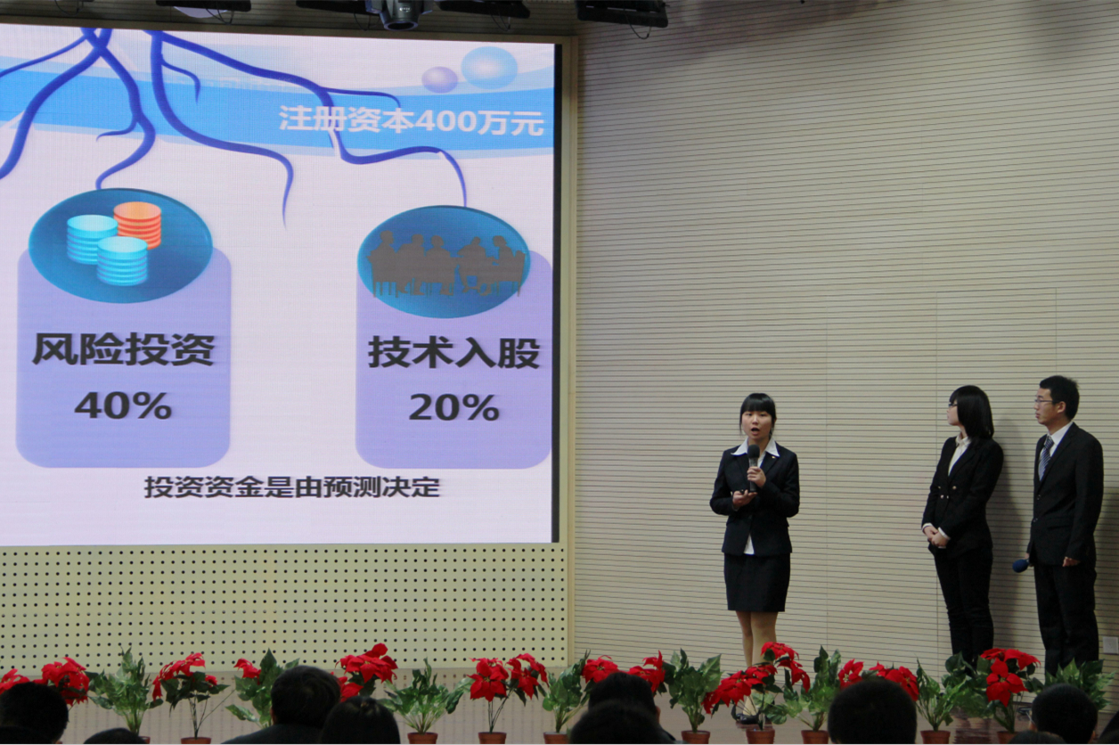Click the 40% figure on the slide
(x=123, y=405)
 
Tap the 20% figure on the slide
(x=453, y=408)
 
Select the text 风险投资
(x=123, y=349)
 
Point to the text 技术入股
(x=454, y=353)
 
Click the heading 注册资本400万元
(x=411, y=120)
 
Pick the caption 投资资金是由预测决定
(x=292, y=487)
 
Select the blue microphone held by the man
(x=1021, y=565)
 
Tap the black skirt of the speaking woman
(x=757, y=582)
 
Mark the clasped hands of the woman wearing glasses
(x=936, y=534)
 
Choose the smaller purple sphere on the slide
(x=440, y=80)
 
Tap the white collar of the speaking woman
(x=756, y=447)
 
